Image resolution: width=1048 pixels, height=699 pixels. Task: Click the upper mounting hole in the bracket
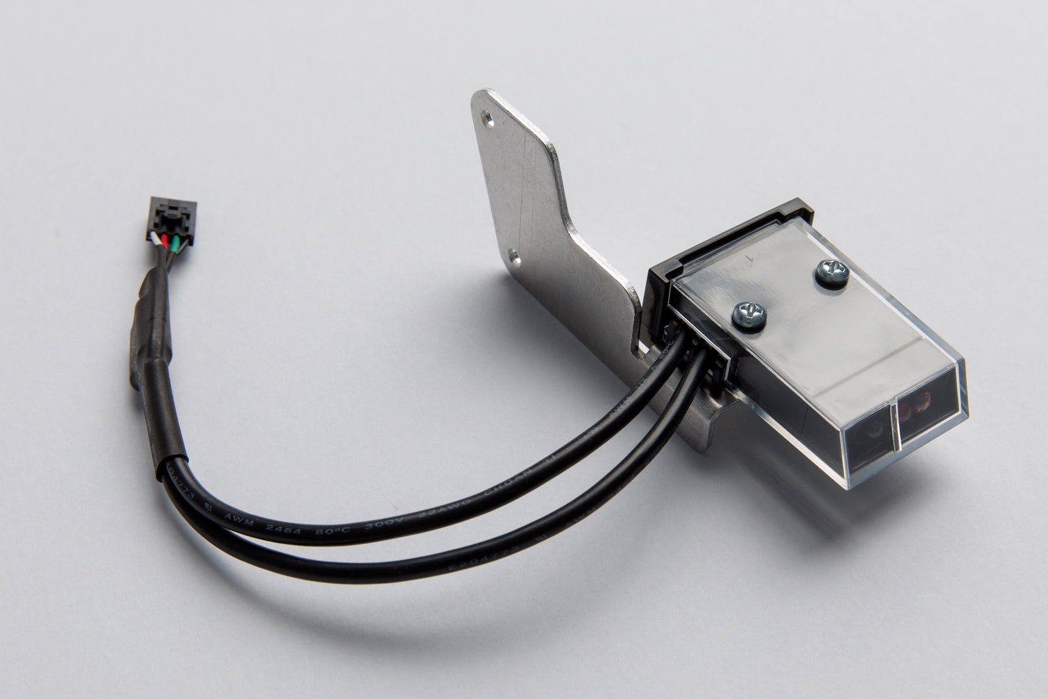(x=486, y=119)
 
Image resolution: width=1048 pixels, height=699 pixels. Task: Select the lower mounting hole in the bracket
(x=515, y=255)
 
